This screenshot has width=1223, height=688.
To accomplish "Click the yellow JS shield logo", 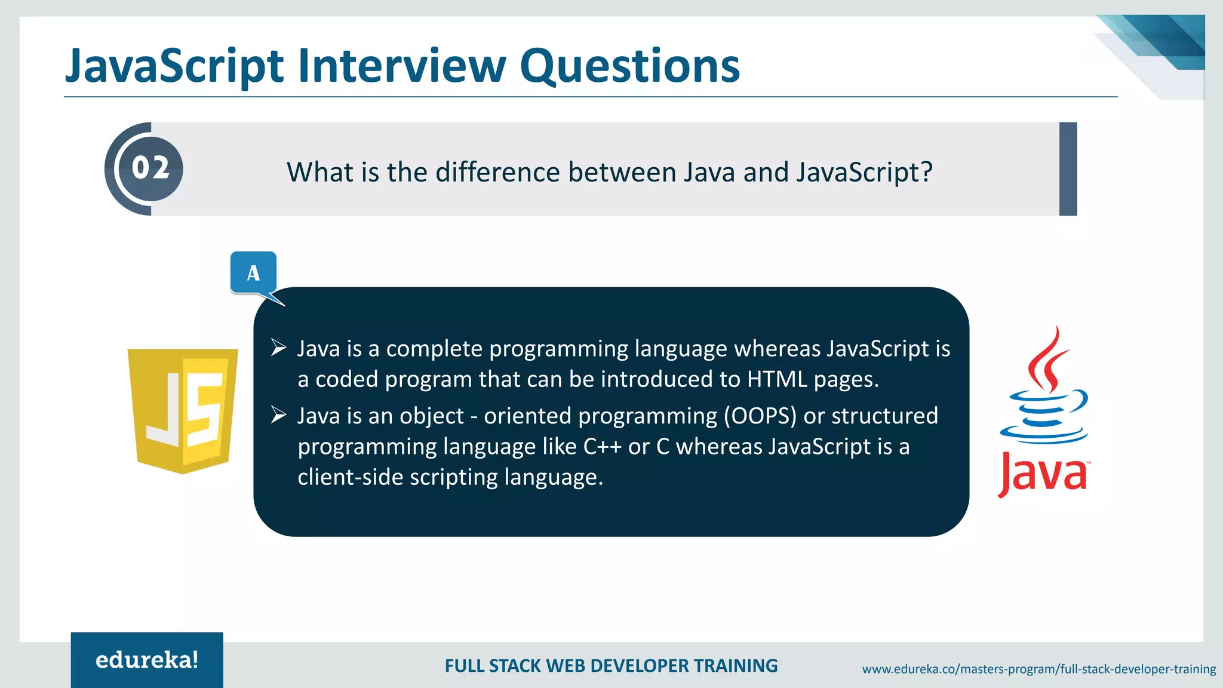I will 183,410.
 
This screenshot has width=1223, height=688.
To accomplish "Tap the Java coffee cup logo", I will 1044,388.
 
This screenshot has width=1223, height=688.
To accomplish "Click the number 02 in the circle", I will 150,168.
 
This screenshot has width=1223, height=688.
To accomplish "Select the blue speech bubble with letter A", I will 253,273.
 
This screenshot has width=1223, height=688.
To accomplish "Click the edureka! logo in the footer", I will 147,660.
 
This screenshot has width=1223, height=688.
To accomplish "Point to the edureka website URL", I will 1038,669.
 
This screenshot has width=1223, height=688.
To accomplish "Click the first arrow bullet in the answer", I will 278,348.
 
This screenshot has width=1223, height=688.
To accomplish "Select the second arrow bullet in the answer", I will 278,414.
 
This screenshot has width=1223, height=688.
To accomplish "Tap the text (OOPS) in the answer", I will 760,416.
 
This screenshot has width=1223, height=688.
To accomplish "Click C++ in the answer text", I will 603,447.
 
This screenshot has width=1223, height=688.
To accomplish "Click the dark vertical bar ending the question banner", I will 1068,169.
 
